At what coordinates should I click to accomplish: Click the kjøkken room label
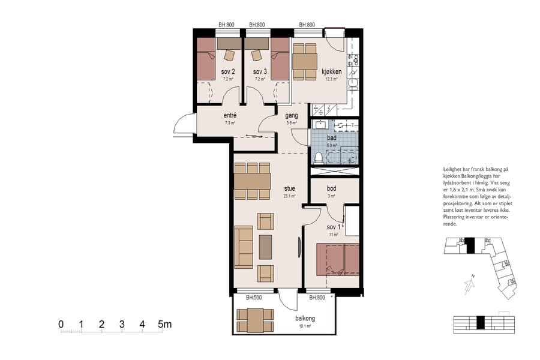pos(331,71)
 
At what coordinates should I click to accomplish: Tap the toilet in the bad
pos(318,157)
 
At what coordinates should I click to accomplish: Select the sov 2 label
pos(228,71)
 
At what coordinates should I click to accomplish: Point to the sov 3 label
pos(260,71)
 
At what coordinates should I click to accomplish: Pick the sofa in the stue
pos(244,247)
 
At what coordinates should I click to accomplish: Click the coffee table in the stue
pos(265,247)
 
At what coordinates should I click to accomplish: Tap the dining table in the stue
pos(253,181)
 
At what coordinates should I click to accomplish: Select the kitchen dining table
pos(305,61)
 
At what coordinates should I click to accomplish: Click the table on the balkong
pos(254,320)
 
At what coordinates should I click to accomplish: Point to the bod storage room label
pos(331,188)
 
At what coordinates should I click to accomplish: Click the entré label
pos(230,116)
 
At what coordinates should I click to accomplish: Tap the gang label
pos(292,116)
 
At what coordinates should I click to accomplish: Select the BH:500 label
pos(255,298)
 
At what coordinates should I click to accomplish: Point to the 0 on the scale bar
pos(61,325)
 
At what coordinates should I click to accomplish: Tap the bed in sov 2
pos(207,59)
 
